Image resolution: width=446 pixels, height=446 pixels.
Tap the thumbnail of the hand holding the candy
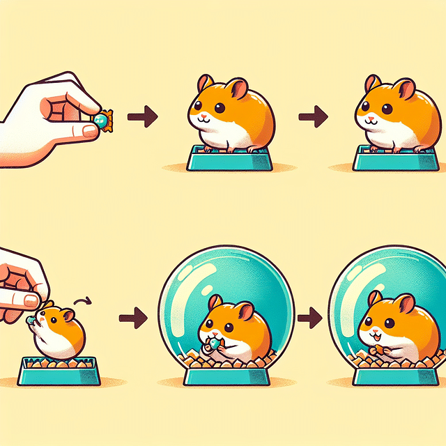pos(89,130)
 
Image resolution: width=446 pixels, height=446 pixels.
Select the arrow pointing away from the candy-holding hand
pos(144,117)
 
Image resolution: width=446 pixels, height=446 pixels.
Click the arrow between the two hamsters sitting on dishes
pos(312,117)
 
